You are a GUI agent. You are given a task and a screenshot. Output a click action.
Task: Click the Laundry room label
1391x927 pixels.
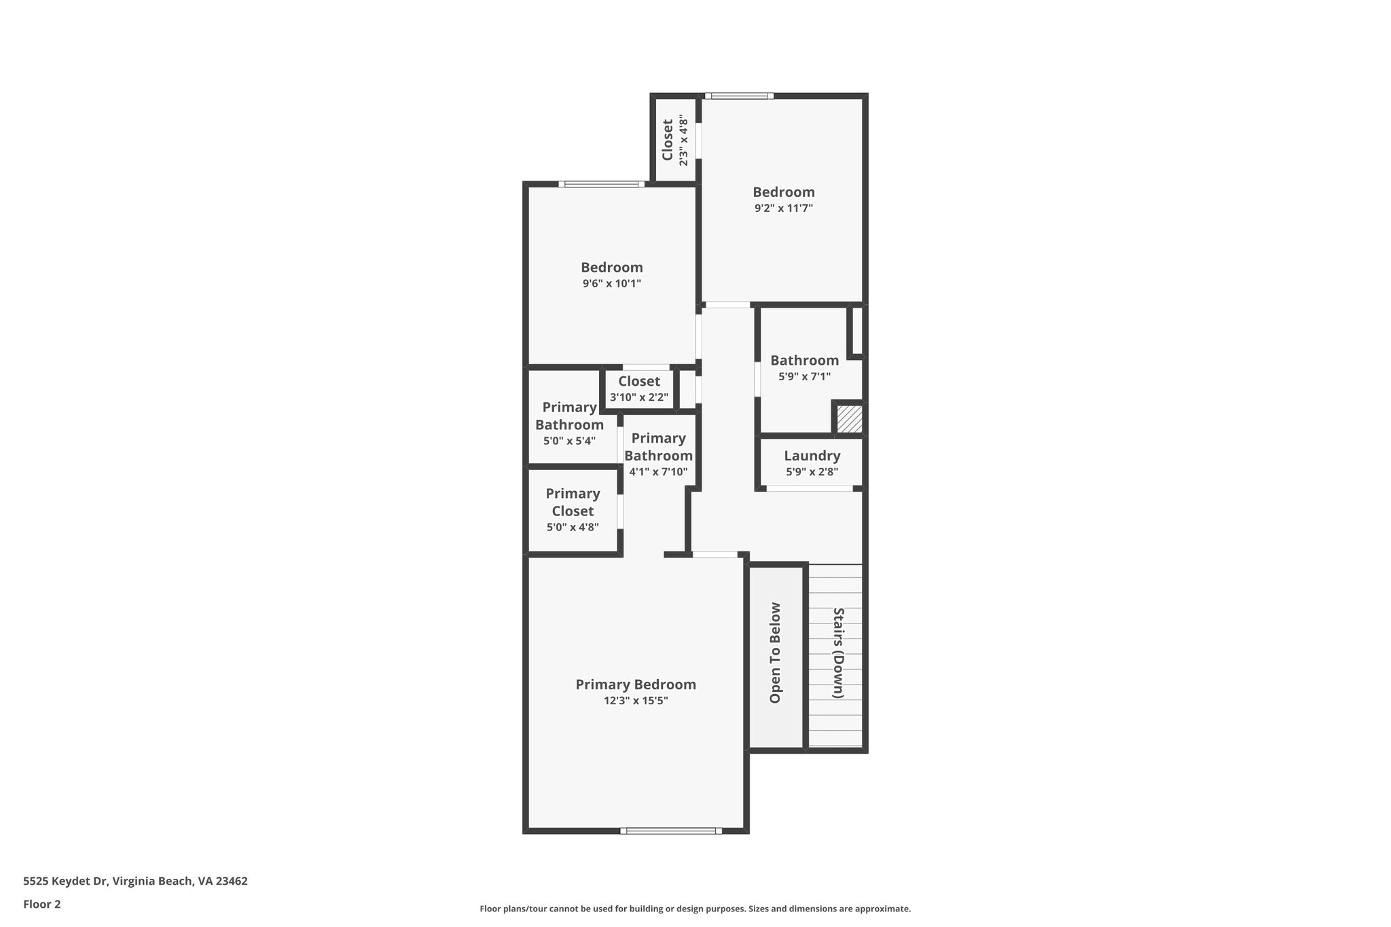pyautogui.click(x=812, y=456)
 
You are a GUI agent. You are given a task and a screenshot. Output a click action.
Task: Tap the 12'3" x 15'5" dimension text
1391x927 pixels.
pyautogui.click(x=636, y=701)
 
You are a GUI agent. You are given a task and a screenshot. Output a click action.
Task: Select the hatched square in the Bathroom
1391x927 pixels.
pyautogui.click(x=849, y=419)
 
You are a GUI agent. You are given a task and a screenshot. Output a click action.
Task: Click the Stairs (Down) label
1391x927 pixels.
pyautogui.click(x=838, y=653)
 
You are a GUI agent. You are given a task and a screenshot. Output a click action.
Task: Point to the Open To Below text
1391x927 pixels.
pyautogui.click(x=775, y=653)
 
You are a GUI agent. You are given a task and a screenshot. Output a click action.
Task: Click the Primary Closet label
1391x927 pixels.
pyautogui.click(x=573, y=503)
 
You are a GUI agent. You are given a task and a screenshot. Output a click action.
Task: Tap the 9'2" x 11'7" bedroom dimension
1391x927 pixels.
pyautogui.click(x=783, y=208)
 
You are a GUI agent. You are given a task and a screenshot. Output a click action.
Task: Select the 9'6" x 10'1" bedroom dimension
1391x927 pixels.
pyautogui.click(x=611, y=284)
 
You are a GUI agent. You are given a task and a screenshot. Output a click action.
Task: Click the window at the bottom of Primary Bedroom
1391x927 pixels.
pyautogui.click(x=671, y=831)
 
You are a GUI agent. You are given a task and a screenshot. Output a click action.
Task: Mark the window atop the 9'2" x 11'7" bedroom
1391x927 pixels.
pyautogui.click(x=739, y=96)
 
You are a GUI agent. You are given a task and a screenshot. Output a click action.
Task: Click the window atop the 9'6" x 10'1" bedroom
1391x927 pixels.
pyautogui.click(x=601, y=184)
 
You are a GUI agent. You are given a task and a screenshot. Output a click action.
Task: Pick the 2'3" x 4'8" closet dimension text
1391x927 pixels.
pyautogui.click(x=683, y=142)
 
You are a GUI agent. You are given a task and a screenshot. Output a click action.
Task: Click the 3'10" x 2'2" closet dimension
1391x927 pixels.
pyautogui.click(x=638, y=397)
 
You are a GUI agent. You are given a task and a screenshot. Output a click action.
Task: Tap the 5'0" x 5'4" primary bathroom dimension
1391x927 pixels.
pyautogui.click(x=569, y=441)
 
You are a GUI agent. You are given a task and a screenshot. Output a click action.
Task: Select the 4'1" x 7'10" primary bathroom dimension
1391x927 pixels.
pyautogui.click(x=658, y=472)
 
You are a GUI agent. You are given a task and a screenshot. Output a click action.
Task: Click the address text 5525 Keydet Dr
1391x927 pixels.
pyautogui.click(x=135, y=881)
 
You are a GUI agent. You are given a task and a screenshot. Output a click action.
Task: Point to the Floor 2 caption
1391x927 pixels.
pyautogui.click(x=42, y=904)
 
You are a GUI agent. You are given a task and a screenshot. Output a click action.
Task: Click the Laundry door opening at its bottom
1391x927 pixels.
pyautogui.click(x=809, y=488)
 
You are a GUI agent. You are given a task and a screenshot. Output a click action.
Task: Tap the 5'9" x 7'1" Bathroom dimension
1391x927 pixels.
pyautogui.click(x=804, y=376)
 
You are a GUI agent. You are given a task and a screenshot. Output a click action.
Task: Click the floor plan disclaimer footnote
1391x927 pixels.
pyautogui.click(x=695, y=909)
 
